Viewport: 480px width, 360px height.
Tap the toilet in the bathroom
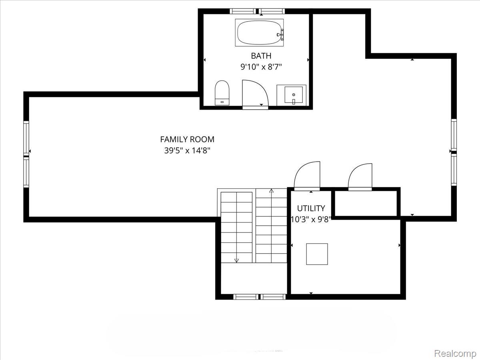click(x=222, y=93)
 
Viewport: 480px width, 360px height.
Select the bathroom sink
click(x=293, y=95)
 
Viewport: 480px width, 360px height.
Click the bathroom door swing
click(x=254, y=94)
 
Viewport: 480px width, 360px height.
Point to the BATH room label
click(x=261, y=56)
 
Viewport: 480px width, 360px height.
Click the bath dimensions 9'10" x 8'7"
click(x=261, y=67)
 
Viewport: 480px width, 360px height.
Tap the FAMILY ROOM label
click(x=187, y=139)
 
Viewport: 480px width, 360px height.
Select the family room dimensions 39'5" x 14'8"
click(x=187, y=151)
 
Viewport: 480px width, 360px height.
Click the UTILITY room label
click(x=311, y=208)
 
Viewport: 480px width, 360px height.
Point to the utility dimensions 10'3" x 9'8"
click(x=311, y=219)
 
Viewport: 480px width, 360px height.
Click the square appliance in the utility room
click(x=317, y=254)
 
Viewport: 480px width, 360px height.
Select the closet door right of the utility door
click(x=361, y=176)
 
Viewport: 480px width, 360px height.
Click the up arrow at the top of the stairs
click(x=272, y=191)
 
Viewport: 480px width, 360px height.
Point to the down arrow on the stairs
click(x=236, y=260)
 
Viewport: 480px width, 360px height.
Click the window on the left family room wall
click(x=26, y=154)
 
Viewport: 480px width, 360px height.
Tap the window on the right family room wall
click(x=454, y=152)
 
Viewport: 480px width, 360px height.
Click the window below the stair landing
click(x=259, y=296)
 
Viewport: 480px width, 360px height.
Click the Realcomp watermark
click(x=455, y=354)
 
